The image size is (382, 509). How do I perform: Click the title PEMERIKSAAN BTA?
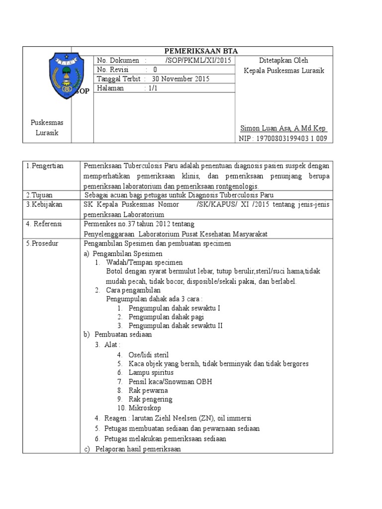201,51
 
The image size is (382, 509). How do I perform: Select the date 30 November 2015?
181,79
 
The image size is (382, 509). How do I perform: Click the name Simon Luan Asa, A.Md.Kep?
283,128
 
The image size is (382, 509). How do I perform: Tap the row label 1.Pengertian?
45,166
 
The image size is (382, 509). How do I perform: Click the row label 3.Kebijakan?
43,204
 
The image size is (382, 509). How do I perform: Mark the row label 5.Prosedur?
42,244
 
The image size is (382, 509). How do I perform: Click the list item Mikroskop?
145,408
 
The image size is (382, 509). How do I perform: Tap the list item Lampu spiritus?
151,372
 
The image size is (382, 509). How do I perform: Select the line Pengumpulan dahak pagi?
166,317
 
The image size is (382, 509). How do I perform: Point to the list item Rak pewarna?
148,390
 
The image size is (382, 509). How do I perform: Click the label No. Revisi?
114,70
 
